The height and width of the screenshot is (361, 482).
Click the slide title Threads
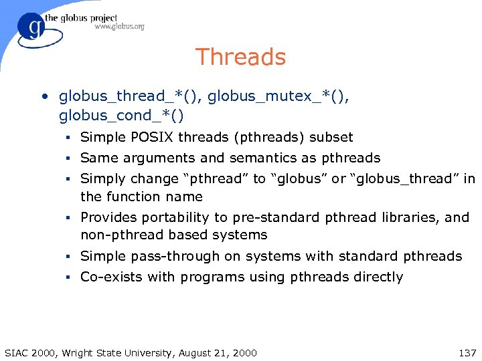tap(240, 57)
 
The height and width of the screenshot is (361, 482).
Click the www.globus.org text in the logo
tap(120, 27)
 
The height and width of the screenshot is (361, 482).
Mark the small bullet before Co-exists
tap(68, 277)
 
